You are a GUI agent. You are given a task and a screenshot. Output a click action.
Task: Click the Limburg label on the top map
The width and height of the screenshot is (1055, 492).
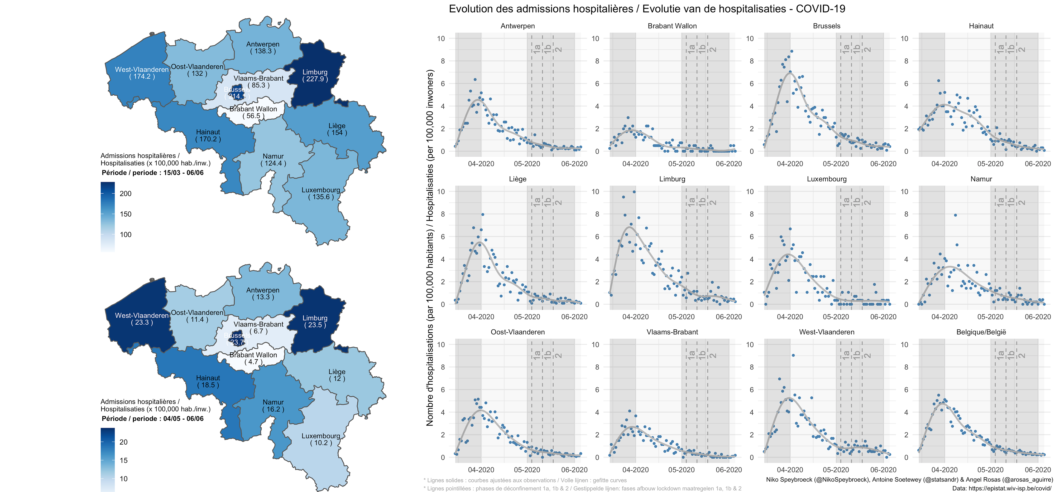315,72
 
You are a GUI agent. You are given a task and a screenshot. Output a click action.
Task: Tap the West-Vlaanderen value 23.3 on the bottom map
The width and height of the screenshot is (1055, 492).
142,323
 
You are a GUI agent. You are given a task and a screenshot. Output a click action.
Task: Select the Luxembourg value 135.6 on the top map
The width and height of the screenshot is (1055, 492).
321,197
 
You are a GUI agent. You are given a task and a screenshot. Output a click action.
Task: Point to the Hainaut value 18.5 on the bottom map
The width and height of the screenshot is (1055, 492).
208,385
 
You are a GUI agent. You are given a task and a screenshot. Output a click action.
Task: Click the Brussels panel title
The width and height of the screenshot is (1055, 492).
827,26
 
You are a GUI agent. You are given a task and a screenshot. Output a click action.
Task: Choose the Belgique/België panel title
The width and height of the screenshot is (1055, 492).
981,332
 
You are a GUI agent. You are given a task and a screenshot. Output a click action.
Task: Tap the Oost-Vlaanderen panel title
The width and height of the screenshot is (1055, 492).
518,332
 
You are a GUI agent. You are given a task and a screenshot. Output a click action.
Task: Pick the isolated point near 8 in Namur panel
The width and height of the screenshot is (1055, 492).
955,215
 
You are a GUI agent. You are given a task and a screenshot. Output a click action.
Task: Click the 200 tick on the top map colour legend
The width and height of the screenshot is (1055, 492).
125,194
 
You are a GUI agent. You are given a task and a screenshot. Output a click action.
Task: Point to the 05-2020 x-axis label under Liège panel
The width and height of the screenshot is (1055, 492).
527,317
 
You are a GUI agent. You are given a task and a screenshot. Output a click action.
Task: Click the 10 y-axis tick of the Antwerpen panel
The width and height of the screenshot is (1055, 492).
441,38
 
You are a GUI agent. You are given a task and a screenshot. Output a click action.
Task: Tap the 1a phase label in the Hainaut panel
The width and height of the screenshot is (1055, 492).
1000,48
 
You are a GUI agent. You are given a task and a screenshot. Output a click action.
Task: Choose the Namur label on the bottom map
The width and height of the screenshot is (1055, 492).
273,402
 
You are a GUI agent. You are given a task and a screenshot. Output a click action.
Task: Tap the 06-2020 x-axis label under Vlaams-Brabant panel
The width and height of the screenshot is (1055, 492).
728,470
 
